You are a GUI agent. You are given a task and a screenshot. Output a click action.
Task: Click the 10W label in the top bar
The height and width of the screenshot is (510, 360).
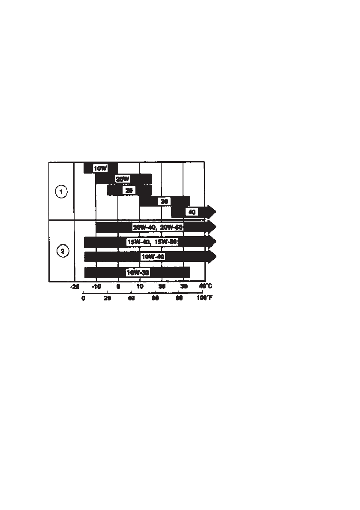tap(100, 168)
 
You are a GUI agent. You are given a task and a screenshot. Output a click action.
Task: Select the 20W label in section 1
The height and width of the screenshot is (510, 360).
tap(123, 179)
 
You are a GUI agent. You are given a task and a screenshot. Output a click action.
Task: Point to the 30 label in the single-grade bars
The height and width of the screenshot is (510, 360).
tap(163, 201)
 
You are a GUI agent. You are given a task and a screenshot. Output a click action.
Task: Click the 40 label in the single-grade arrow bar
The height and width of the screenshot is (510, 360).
tap(192, 212)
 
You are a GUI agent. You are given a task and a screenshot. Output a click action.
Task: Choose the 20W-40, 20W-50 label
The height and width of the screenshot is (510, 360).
tap(158, 227)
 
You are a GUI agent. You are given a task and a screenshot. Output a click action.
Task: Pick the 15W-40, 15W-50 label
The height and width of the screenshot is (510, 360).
tap(152, 242)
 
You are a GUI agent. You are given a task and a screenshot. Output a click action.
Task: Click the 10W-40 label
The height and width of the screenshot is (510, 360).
tap(153, 257)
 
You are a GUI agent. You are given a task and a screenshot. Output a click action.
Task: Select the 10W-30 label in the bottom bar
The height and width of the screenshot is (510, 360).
tap(138, 272)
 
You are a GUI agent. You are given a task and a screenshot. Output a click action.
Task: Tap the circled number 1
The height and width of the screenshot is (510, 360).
tap(61, 192)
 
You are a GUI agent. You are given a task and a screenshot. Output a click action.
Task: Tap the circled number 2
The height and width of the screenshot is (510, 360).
tap(63, 251)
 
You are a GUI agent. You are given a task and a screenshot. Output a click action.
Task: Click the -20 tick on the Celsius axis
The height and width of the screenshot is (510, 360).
tap(75, 286)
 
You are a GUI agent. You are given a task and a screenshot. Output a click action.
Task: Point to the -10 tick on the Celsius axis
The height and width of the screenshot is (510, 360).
tap(96, 286)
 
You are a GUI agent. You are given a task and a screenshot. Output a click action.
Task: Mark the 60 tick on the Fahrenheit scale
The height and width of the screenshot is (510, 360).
tap(155, 298)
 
